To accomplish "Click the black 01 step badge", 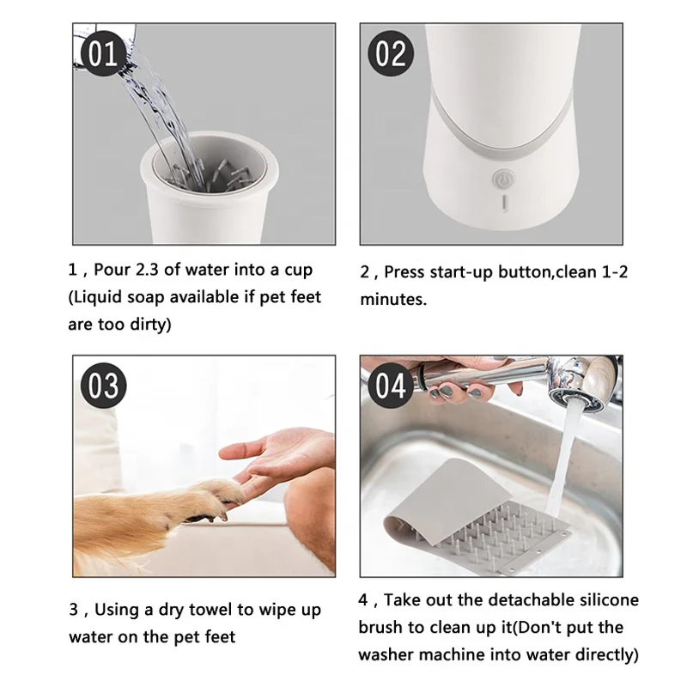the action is click(103, 53).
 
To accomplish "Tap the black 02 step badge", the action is click(391, 53).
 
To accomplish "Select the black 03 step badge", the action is click(103, 386).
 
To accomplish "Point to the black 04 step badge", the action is click(391, 386).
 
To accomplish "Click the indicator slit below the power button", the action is click(504, 202).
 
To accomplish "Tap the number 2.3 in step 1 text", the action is click(147, 270).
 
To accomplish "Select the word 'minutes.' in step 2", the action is click(393, 300).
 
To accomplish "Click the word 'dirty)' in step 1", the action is click(150, 325).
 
